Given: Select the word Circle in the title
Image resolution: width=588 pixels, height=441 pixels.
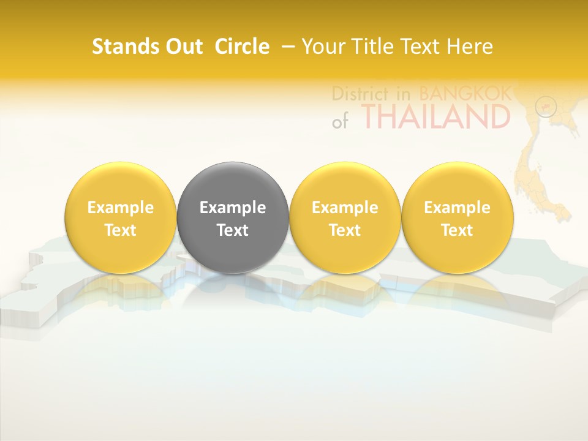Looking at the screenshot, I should pyautogui.click(x=242, y=47).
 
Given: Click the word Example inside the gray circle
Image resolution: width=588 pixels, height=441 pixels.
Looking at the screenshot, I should pyautogui.click(x=233, y=208).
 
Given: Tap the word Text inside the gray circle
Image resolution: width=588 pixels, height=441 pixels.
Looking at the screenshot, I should pyautogui.click(x=233, y=230).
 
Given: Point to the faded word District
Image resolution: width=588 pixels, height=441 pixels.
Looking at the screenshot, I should pyautogui.click(x=360, y=94).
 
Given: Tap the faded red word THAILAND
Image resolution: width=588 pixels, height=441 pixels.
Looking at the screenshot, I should pyautogui.click(x=435, y=116).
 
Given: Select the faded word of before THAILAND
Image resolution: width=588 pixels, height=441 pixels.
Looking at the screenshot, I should pyautogui.click(x=340, y=121).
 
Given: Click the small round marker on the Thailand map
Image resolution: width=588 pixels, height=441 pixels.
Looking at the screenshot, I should pyautogui.click(x=545, y=107).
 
